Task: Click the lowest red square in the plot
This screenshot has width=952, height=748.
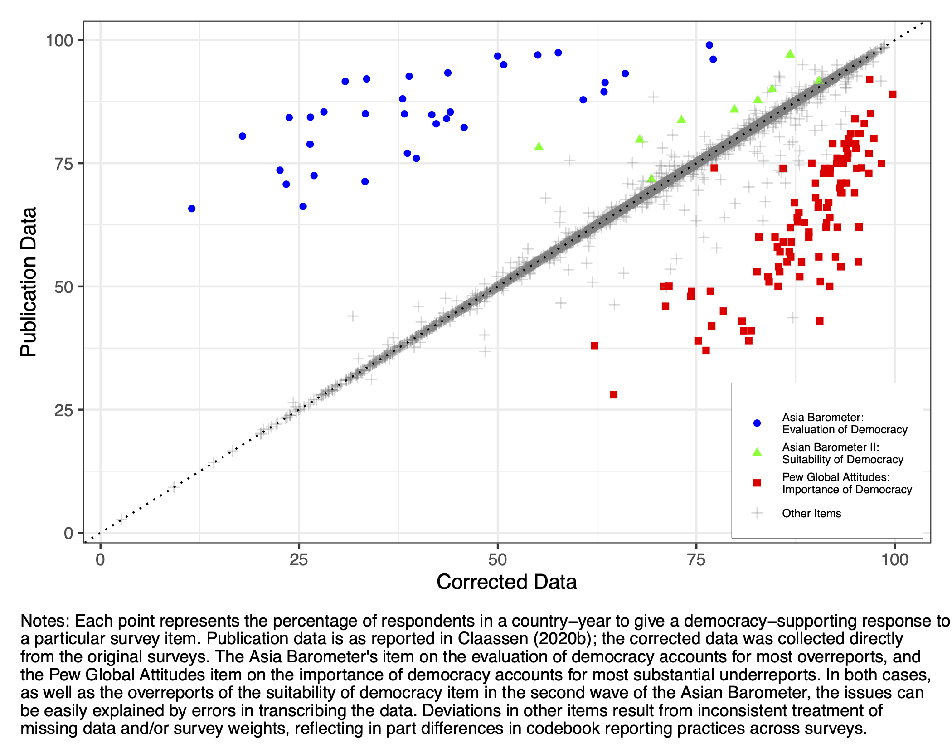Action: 613,395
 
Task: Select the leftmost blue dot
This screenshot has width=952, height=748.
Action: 192,209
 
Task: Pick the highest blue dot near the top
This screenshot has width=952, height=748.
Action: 709,45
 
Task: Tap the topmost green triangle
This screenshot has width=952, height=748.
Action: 790,54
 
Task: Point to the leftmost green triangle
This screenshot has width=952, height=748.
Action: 539,146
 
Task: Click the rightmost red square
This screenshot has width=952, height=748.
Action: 893,94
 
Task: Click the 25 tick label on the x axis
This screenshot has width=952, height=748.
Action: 298,560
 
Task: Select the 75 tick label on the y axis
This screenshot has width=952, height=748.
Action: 63,164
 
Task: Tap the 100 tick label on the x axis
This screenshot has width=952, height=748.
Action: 894,560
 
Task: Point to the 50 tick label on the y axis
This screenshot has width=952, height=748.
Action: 63,287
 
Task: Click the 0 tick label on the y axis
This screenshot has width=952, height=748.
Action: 68,533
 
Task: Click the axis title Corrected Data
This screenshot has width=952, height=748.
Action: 506,582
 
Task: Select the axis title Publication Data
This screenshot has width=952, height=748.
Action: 29,282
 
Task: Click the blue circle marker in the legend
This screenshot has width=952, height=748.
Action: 757,423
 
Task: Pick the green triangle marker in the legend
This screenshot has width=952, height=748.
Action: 757,452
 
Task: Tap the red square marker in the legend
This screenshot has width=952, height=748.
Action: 757,483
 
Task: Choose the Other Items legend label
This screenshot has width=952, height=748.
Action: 811,513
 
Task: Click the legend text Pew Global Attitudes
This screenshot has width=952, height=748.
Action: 835,477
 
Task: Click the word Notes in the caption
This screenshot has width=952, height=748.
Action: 44,621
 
